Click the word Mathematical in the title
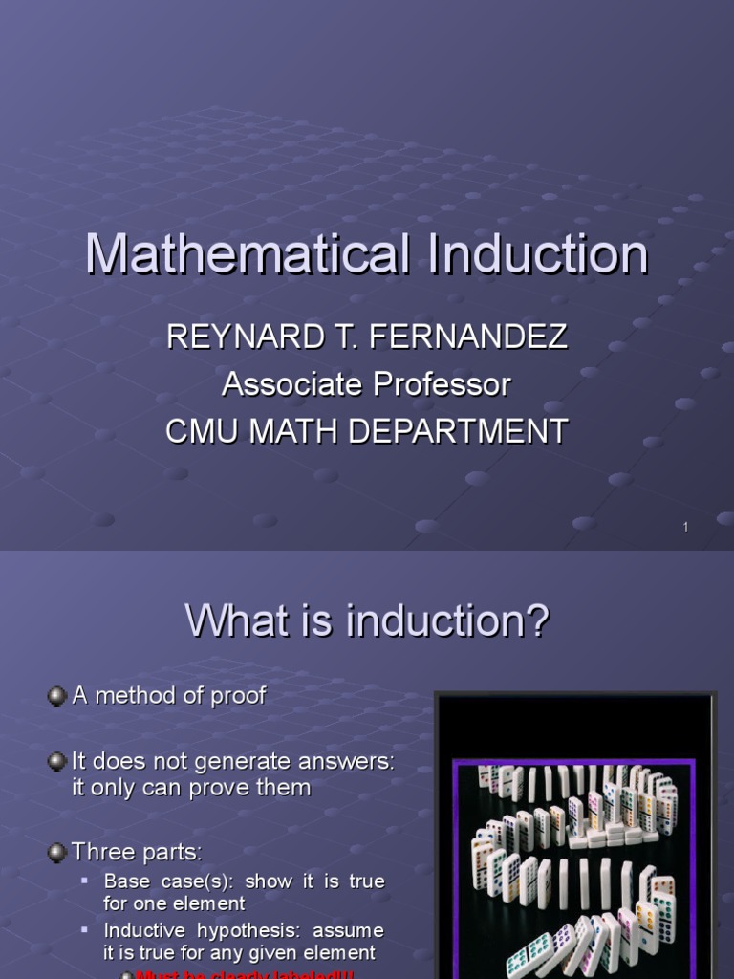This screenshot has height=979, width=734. [x=248, y=255]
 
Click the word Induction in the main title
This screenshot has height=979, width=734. [x=538, y=255]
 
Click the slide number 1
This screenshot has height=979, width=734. [x=685, y=528]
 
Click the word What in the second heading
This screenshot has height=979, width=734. [x=229, y=621]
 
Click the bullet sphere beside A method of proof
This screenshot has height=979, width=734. [x=57, y=696]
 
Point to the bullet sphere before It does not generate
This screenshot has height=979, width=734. [x=57, y=762]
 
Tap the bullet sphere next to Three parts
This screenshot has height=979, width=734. [x=57, y=852]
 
